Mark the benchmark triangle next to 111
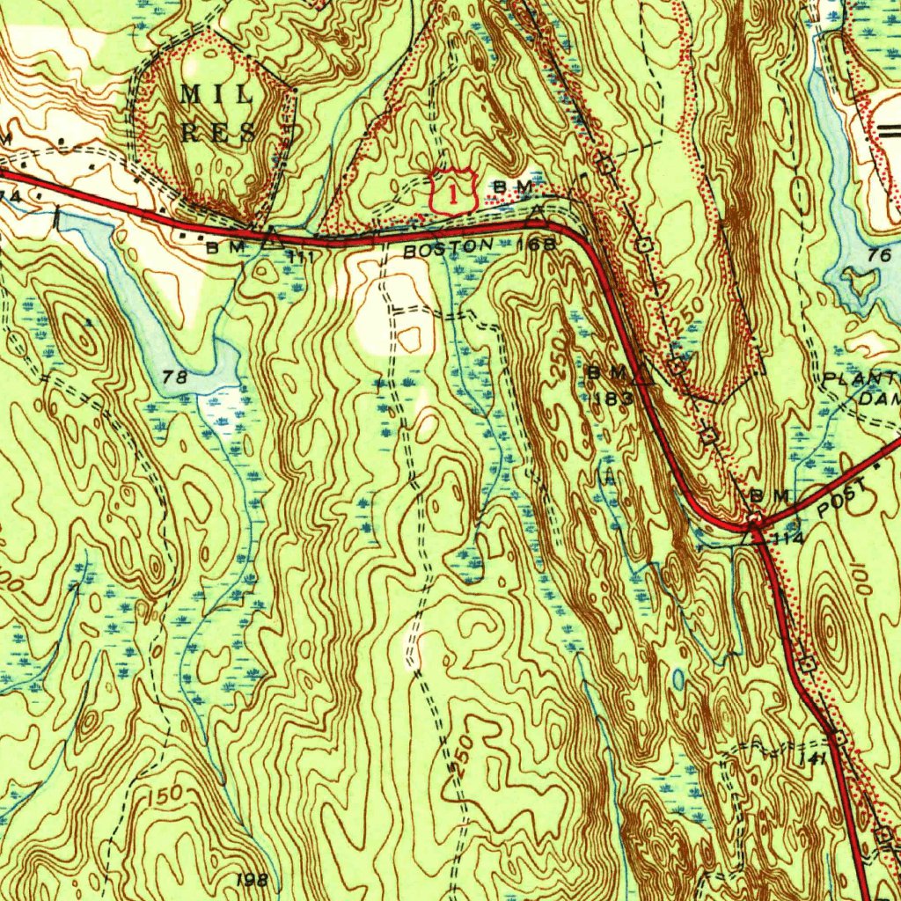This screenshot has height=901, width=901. click(x=270, y=235)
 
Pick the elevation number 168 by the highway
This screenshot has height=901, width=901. click(x=536, y=244)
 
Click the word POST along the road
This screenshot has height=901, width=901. click(x=841, y=502)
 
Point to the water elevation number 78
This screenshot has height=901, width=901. click(x=175, y=377)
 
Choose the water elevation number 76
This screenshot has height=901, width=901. click(x=878, y=256)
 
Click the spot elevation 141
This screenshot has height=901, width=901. click(x=812, y=758)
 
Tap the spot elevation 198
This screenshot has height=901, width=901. click(x=251, y=879)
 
